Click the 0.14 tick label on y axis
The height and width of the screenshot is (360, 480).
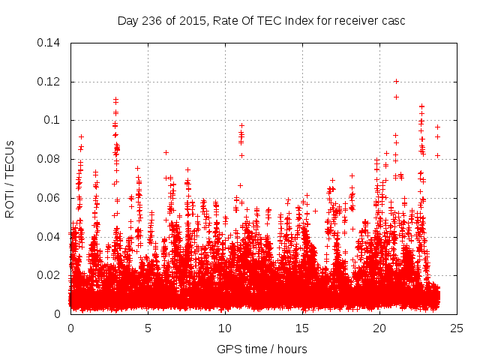pyautogui.click(x=49, y=43)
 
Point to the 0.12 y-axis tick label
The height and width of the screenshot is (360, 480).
pyautogui.click(x=49, y=82)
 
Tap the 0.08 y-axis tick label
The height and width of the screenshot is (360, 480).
pyautogui.click(x=49, y=159)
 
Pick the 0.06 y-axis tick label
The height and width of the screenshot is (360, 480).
pyautogui.click(x=49, y=198)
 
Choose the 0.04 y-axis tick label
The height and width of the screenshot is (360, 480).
pyautogui.click(x=49, y=237)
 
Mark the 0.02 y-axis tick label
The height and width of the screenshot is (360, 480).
pyautogui.click(x=49, y=275)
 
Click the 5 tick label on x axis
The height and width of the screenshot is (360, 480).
pyautogui.click(x=148, y=328)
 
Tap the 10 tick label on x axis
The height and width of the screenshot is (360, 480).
pyautogui.click(x=225, y=328)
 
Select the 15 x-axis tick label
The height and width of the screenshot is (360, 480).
pyautogui.click(x=302, y=328)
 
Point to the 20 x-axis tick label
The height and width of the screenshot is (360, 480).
pyautogui.click(x=379, y=328)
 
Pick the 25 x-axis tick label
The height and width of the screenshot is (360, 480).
pyautogui.click(x=457, y=328)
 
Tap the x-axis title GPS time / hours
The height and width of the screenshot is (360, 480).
pyautogui.click(x=262, y=349)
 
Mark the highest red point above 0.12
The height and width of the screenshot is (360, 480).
pyautogui.click(x=396, y=82)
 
